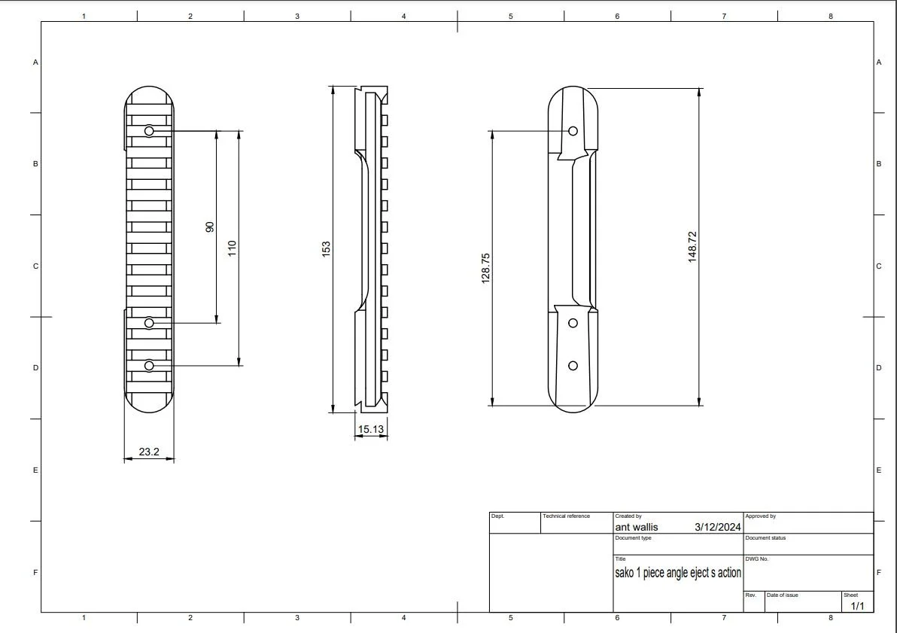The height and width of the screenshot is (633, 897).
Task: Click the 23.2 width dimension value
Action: coord(149,452)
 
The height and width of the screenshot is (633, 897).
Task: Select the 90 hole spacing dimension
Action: coord(210,227)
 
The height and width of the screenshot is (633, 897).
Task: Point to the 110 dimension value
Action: coord(232,248)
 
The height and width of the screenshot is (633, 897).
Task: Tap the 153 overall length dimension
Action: coord(326,248)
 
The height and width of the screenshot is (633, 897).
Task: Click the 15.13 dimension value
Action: coord(371,429)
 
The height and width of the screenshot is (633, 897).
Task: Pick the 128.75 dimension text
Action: coord(485,269)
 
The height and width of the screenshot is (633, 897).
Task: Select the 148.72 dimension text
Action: coord(692,247)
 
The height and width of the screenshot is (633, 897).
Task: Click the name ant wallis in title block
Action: coord(636,527)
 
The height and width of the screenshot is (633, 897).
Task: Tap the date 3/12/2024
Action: coord(717,527)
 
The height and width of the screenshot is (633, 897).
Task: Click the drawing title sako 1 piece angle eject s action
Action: coord(678,572)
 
